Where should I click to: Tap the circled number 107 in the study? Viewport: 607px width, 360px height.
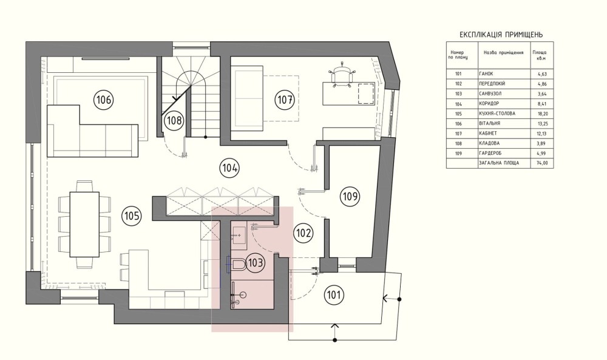point(285,100)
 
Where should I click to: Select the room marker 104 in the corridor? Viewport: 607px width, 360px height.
point(229,168)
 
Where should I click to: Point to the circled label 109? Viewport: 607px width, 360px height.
point(350,196)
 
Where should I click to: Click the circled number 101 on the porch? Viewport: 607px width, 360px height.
point(334,295)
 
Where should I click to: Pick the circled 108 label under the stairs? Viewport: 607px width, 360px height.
point(174,120)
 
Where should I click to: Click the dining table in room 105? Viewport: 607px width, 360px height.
point(84,225)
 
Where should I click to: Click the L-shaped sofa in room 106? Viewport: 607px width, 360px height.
point(92,131)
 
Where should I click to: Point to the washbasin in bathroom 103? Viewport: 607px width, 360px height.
point(239,235)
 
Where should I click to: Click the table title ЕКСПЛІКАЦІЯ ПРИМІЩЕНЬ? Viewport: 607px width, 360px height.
point(501,35)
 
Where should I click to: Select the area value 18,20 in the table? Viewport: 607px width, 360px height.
point(542,114)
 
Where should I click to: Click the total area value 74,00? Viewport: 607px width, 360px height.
point(542,163)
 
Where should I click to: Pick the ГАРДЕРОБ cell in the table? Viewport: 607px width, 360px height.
point(490,154)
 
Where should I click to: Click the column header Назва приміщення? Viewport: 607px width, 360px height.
point(504,53)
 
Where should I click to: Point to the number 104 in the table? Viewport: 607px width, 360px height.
point(459,104)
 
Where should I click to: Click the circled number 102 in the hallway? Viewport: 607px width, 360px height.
point(303,233)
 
